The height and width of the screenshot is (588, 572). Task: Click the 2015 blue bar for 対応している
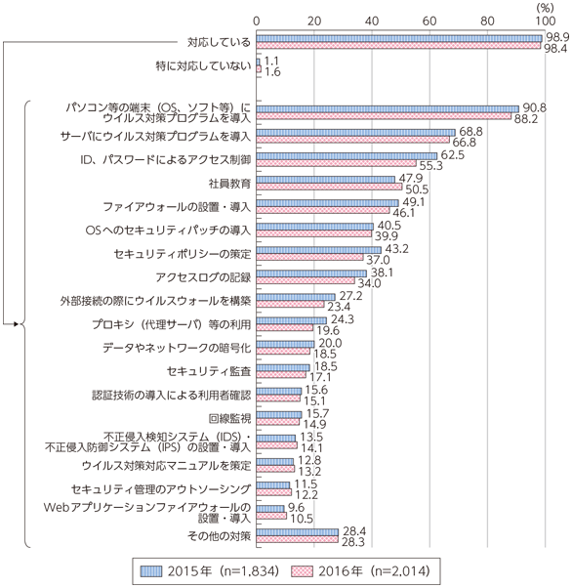pyautogui.click(x=399, y=39)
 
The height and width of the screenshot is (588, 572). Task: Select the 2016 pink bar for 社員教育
pyautogui.click(x=330, y=187)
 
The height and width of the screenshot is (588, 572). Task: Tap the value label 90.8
pyautogui.click(x=535, y=108)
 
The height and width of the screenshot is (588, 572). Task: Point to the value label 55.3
pyautogui.click(x=431, y=165)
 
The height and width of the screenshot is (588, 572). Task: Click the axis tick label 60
pyautogui.click(x=429, y=21)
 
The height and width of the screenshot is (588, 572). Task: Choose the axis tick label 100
pyautogui.click(x=545, y=21)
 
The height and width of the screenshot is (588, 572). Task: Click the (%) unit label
pyautogui.click(x=545, y=8)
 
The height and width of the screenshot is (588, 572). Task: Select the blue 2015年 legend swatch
pyautogui.click(x=151, y=571)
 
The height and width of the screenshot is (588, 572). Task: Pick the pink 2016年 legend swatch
pyautogui.click(x=302, y=571)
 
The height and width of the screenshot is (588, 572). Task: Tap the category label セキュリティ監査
pyautogui.click(x=209, y=371)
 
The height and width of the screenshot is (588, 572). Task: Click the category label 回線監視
pyautogui.click(x=229, y=418)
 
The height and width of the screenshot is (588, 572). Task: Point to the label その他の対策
pyautogui.click(x=220, y=536)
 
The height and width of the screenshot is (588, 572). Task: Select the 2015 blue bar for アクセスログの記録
pyautogui.click(x=311, y=273)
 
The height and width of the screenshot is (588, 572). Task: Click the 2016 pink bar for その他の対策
pyautogui.click(x=298, y=539)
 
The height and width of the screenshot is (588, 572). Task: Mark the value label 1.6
pyautogui.click(x=272, y=71)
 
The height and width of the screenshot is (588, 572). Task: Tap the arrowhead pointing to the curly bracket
pyautogui.click(x=16, y=323)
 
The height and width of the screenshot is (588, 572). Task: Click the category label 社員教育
pyautogui.click(x=229, y=184)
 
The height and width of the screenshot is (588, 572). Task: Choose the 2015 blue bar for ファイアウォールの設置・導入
pyautogui.click(x=328, y=203)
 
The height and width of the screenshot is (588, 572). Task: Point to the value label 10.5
pyautogui.click(x=302, y=519)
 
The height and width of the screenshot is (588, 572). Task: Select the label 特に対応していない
pyautogui.click(x=204, y=66)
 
